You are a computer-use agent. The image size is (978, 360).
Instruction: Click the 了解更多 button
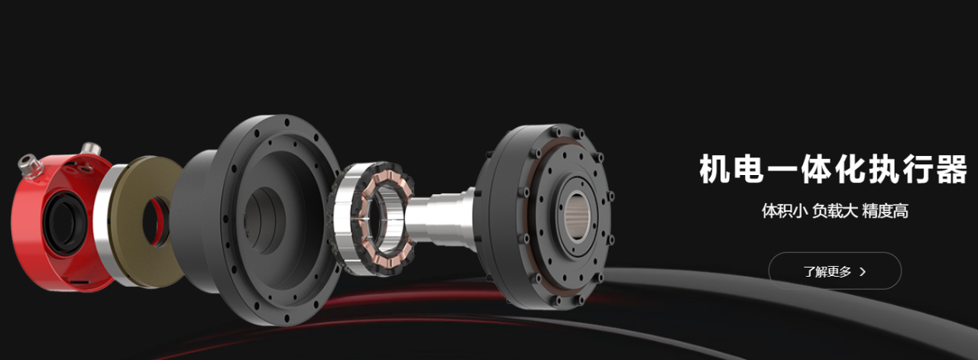[x=834, y=271]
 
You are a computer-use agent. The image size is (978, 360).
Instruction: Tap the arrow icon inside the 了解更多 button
[x=863, y=272]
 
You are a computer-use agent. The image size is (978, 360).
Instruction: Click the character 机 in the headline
[x=715, y=168]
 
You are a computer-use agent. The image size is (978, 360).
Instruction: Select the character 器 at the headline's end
[x=951, y=168]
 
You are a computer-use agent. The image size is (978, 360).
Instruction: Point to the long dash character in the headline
[x=783, y=169]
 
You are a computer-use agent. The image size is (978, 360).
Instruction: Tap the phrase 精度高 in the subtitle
[x=886, y=211]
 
